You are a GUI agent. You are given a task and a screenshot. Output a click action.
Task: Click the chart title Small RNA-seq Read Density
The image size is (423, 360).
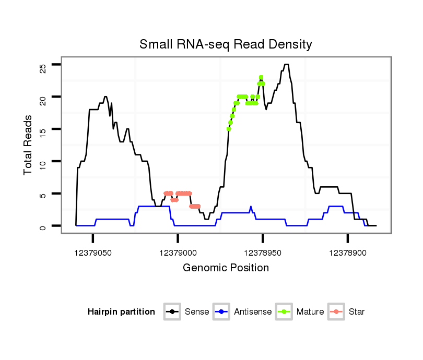[x=226, y=44]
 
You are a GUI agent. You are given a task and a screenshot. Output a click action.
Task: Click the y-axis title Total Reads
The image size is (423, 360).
[x=29, y=145]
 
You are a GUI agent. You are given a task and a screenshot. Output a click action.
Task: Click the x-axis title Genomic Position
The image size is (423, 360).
[x=226, y=268]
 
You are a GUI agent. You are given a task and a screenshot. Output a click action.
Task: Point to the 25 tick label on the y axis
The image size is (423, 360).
[x=42, y=67]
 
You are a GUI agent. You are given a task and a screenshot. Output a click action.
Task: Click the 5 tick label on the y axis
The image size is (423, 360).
[x=42, y=195]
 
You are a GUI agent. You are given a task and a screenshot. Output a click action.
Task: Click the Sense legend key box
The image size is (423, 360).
[x=172, y=312]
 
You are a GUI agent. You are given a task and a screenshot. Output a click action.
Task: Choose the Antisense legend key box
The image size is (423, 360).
[x=222, y=312]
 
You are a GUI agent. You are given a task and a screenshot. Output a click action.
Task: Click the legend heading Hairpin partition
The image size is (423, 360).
[x=121, y=312]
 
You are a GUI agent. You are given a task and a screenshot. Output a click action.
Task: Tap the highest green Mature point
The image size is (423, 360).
[x=261, y=78]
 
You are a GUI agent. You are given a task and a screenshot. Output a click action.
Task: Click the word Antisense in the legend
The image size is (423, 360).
[x=253, y=312]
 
